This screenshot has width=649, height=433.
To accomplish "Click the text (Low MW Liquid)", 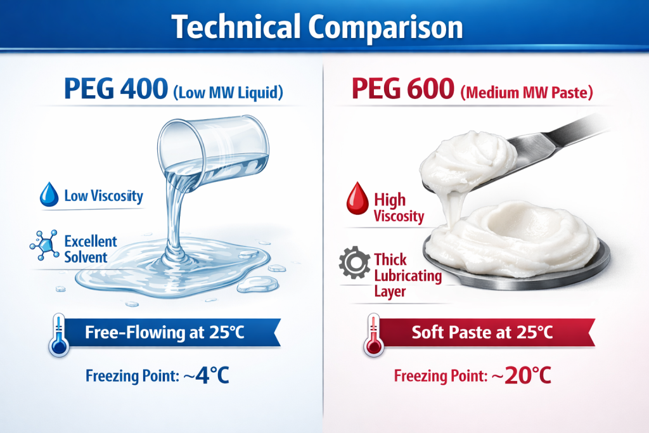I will pyautogui.click(x=228, y=94).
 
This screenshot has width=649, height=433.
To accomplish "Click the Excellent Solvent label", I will pyautogui.click(x=91, y=249).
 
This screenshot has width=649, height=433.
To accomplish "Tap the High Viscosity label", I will pyautogui.click(x=399, y=207).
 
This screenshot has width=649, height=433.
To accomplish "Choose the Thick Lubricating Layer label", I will pyautogui.click(x=399, y=276).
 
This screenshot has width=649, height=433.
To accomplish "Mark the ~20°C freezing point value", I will pyautogui.click(x=520, y=375).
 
